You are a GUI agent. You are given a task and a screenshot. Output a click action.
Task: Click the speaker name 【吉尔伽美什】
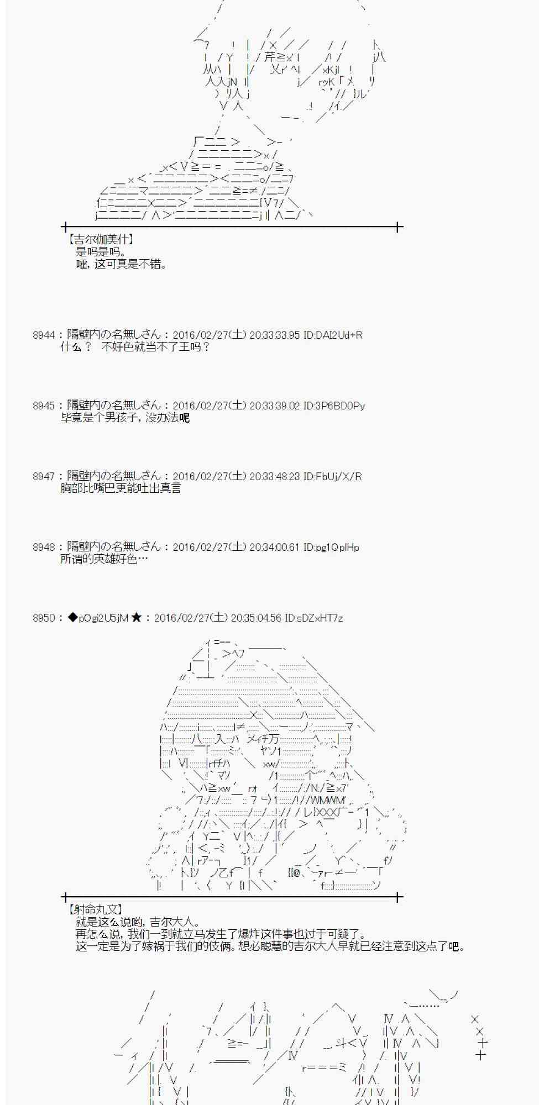100,239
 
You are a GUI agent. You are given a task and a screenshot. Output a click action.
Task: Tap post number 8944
44,335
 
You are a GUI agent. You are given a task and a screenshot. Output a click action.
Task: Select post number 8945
44,406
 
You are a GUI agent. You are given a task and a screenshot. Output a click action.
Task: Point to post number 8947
44,476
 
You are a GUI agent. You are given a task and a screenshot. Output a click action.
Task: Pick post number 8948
44,547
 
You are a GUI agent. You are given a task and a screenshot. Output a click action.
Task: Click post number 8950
44,618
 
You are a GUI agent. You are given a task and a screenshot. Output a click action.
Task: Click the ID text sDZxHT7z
320,618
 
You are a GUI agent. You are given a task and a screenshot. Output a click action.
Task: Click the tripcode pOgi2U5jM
103,618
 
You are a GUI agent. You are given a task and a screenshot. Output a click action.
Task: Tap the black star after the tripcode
137,618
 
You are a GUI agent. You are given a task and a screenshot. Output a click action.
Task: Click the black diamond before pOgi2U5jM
72,618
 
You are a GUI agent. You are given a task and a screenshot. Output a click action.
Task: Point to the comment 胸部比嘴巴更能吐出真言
121,488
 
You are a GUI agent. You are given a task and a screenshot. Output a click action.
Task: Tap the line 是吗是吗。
101,252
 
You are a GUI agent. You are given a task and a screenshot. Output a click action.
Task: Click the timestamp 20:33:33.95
275,335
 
